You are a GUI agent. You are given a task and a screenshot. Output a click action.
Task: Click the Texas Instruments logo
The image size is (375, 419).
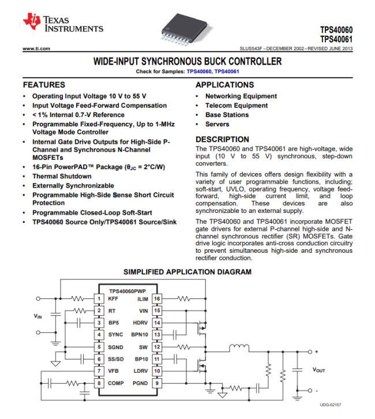(x=62, y=23)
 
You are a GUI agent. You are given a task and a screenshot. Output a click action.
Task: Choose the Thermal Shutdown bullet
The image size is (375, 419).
(x=62, y=176)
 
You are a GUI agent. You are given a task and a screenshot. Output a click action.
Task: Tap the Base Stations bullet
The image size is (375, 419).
(x=227, y=115)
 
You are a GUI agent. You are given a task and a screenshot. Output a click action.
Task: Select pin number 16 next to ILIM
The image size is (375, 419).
(x=157, y=298)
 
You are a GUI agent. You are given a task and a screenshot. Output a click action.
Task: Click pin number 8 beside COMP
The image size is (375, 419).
(x=99, y=382)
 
